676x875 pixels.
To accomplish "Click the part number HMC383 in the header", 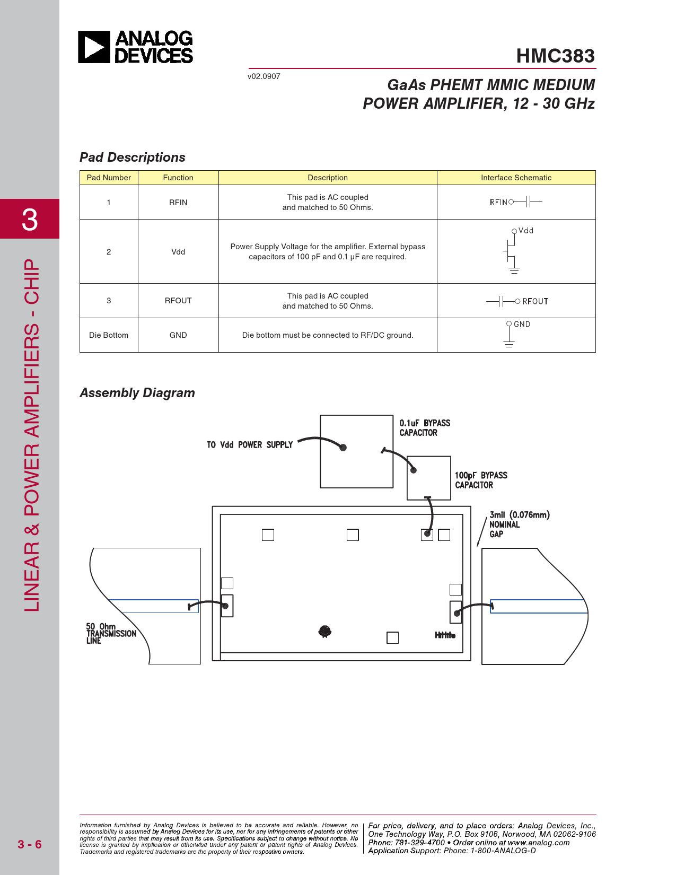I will pos(555,56).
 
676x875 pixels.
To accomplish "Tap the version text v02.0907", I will pos(264,76).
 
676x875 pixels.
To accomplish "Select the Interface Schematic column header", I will pos(516,178).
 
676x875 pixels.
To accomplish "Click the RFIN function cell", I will pos(178,203).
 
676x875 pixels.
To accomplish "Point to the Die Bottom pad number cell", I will pos(109,335).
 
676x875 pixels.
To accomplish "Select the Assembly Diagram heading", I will pos(137,393).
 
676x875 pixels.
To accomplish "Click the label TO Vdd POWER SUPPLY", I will pos(250,445).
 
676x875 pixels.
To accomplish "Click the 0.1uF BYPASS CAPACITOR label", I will pos(425,428).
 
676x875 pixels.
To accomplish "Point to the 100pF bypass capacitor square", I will pos(428,478).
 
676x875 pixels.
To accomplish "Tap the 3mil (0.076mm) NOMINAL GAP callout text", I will pos(519,524).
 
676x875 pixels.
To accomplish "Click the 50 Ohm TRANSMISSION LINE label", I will pos(111,633).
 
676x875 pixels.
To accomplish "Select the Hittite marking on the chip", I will pos(445,635).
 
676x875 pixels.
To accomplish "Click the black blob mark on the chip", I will pos(325,631).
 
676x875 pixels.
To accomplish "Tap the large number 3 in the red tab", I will pos(30,220).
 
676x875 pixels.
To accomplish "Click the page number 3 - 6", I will pos(30,844).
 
